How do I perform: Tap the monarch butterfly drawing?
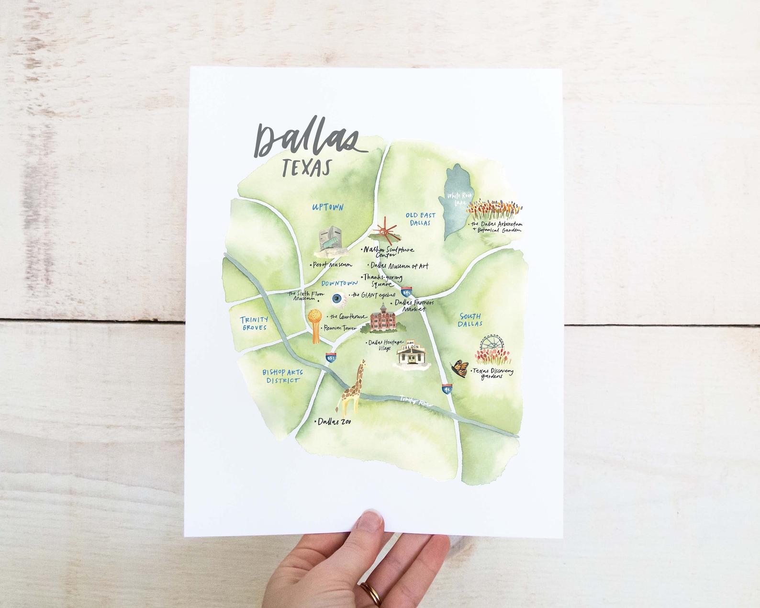(x=459, y=368)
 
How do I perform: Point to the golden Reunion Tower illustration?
(x=314, y=325)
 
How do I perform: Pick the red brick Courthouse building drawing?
(x=384, y=317)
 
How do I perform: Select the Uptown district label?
(x=328, y=207)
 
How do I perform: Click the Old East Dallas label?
(x=420, y=219)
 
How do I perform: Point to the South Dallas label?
(x=470, y=320)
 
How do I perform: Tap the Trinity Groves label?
(x=254, y=323)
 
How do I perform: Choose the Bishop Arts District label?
(x=282, y=376)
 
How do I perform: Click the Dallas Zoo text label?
(x=334, y=422)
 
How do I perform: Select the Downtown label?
(x=339, y=283)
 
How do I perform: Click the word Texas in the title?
(x=307, y=168)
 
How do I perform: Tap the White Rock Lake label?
(x=459, y=198)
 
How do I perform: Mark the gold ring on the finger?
(x=371, y=594)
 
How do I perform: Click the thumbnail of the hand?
(x=370, y=519)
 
